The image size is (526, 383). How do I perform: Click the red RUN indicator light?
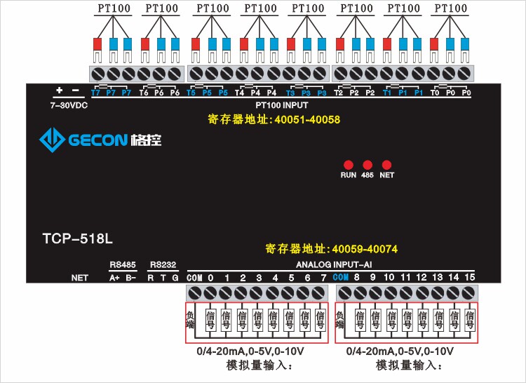coord(349,164)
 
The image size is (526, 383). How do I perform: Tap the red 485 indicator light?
coord(367,164)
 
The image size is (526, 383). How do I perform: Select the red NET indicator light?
coord(386,164)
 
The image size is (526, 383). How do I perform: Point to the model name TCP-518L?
coord(73,238)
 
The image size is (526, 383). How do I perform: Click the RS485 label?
coord(123,264)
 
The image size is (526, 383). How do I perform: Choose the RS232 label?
coord(163,264)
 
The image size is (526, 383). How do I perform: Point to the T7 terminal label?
coord(96,93)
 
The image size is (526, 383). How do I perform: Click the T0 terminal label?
coord(436,93)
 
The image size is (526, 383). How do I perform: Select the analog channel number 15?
coord(470,277)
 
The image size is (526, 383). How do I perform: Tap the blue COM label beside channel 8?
coord(341,277)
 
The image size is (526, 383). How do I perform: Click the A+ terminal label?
coord(115,278)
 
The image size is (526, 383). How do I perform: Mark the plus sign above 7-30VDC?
coord(59,90)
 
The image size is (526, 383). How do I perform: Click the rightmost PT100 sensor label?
coord(451,8)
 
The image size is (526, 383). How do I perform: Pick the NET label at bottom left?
coord(80,278)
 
